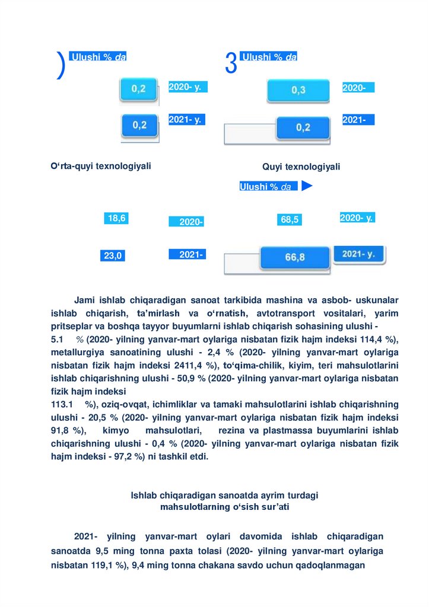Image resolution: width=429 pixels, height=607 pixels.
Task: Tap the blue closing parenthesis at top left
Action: [x=61, y=65]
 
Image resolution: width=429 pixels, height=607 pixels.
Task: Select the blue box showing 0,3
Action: [x=298, y=90]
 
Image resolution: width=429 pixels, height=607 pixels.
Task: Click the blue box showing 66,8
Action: [x=294, y=257]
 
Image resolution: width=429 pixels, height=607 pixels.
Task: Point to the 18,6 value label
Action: [x=116, y=218]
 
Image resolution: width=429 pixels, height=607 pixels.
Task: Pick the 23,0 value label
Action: [x=113, y=256]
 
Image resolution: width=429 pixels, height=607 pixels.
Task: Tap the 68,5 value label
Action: [x=290, y=220]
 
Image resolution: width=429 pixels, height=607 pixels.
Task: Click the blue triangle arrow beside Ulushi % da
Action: [x=306, y=186]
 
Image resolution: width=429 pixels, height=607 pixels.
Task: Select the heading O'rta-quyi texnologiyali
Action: [x=101, y=166]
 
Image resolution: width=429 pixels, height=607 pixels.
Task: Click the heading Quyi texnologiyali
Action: [x=301, y=167]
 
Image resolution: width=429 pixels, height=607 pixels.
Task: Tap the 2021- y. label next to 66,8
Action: [x=358, y=254]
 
